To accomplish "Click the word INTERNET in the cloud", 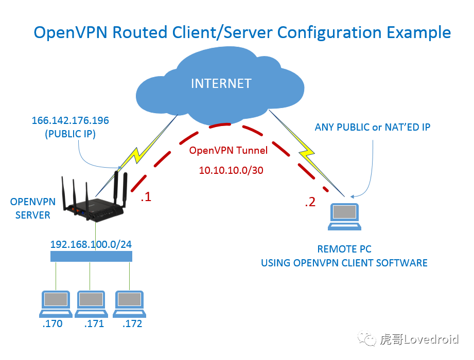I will (x=221, y=83).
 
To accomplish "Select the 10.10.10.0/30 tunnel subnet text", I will (x=231, y=170).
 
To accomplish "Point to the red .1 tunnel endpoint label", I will (x=146, y=197).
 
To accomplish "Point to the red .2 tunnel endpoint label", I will (x=310, y=202).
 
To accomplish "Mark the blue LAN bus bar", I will (x=92, y=256).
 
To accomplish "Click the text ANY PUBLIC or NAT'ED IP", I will (x=373, y=127).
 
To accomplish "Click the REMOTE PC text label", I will (x=344, y=249).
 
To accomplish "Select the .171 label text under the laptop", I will (x=94, y=324).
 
